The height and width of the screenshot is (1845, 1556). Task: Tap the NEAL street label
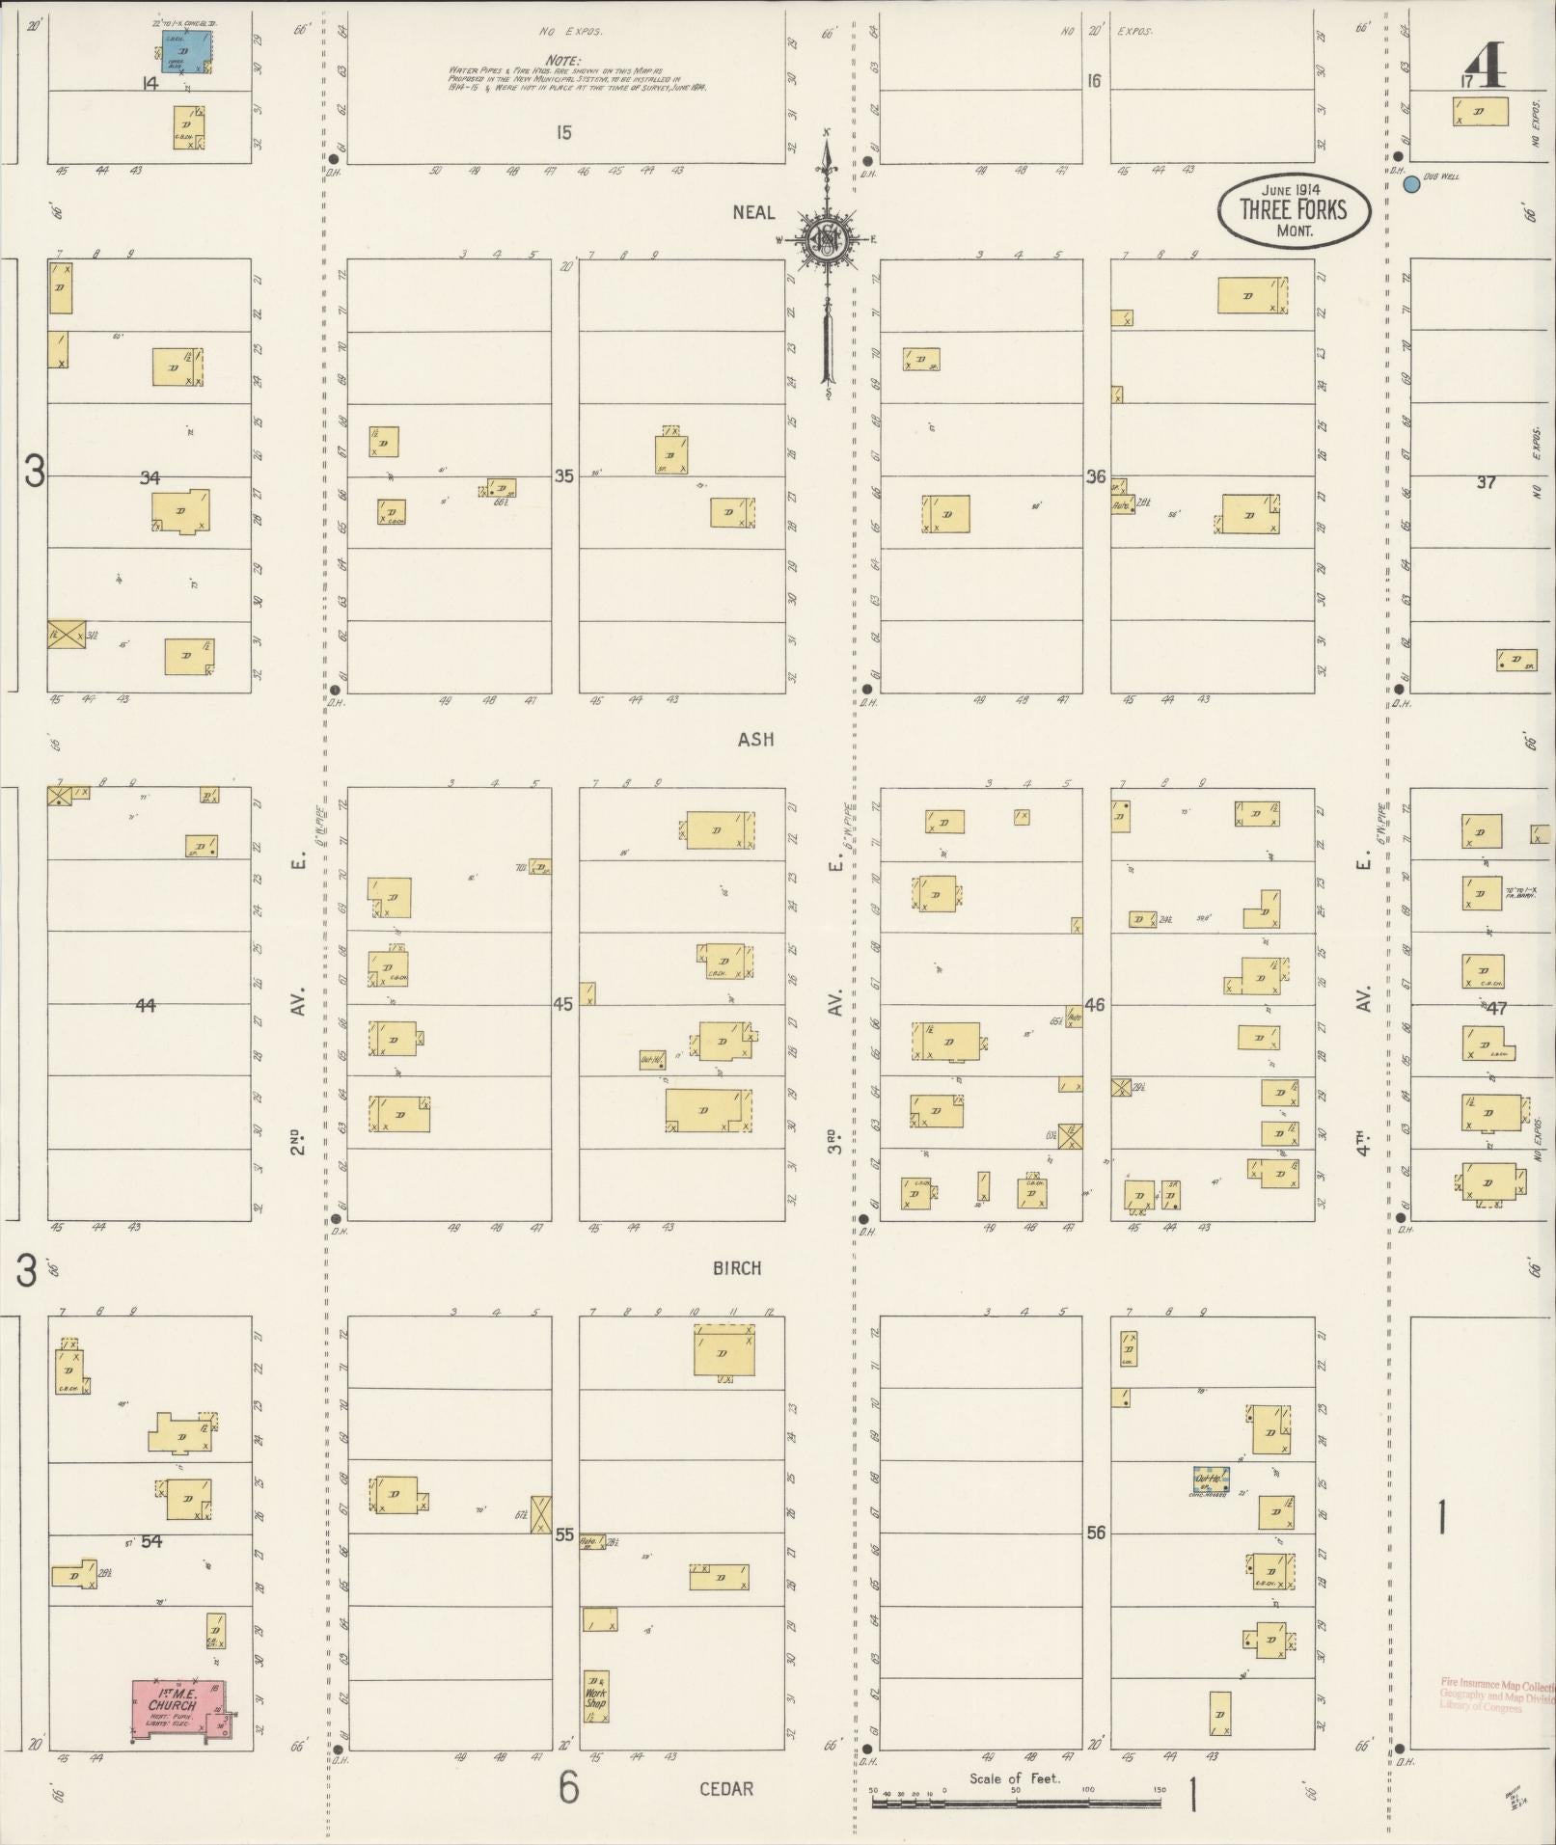click(x=753, y=212)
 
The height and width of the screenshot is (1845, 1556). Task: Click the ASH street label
click(x=755, y=740)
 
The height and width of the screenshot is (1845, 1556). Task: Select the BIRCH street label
click(x=737, y=1268)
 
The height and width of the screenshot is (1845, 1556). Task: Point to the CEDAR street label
click(x=725, y=1789)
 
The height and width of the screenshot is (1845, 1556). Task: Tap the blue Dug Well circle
click(x=1410, y=184)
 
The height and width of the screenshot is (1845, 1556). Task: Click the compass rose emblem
click(x=827, y=238)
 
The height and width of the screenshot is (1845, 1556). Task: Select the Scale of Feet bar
click(x=1016, y=1801)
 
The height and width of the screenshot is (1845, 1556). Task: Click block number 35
click(x=563, y=475)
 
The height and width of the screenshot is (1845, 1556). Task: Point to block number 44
click(x=145, y=1005)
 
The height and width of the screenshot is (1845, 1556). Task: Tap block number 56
click(x=1095, y=1533)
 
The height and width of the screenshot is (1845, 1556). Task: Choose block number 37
click(x=1485, y=482)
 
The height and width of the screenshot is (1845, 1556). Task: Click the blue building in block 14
click(x=187, y=51)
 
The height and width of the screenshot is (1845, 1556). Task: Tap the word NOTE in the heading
click(x=562, y=60)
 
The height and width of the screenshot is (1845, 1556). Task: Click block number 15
click(x=563, y=132)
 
